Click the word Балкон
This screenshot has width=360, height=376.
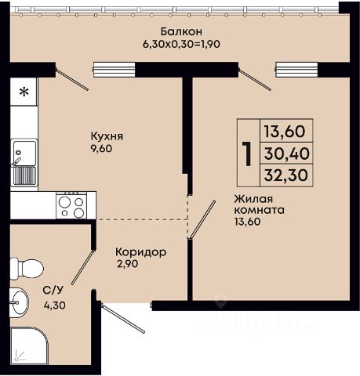pyautogui.click(x=181, y=31)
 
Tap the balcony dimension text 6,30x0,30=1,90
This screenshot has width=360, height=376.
pyautogui.click(x=181, y=44)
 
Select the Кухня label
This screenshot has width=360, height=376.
pyautogui.click(x=107, y=136)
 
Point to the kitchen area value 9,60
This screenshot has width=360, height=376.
pyautogui.click(x=101, y=149)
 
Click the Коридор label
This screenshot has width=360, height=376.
pyautogui.click(x=140, y=252)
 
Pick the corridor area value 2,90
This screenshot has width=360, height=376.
pyautogui.click(x=128, y=264)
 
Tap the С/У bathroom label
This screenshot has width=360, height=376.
pyautogui.click(x=53, y=290)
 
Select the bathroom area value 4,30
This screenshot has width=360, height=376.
pyautogui.click(x=55, y=305)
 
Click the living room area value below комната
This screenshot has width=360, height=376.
pyautogui.click(x=247, y=222)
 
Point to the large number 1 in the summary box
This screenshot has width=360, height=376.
pyautogui.click(x=247, y=154)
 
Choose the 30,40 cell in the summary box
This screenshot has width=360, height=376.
pyautogui.click(x=286, y=154)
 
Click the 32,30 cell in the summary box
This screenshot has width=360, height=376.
pyautogui.click(x=286, y=175)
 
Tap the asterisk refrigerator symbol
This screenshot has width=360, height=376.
pyautogui.click(x=24, y=92)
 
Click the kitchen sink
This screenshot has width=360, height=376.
pyautogui.click(x=24, y=163)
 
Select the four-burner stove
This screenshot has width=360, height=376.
pyautogui.click(x=72, y=205)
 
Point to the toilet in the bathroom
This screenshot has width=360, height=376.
pyautogui.click(x=26, y=269)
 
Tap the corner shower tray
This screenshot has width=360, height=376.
pyautogui.click(x=29, y=346)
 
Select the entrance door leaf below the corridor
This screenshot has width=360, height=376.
pyautogui.click(x=123, y=318)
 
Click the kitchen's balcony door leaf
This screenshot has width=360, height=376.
pyautogui.click(x=72, y=79)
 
